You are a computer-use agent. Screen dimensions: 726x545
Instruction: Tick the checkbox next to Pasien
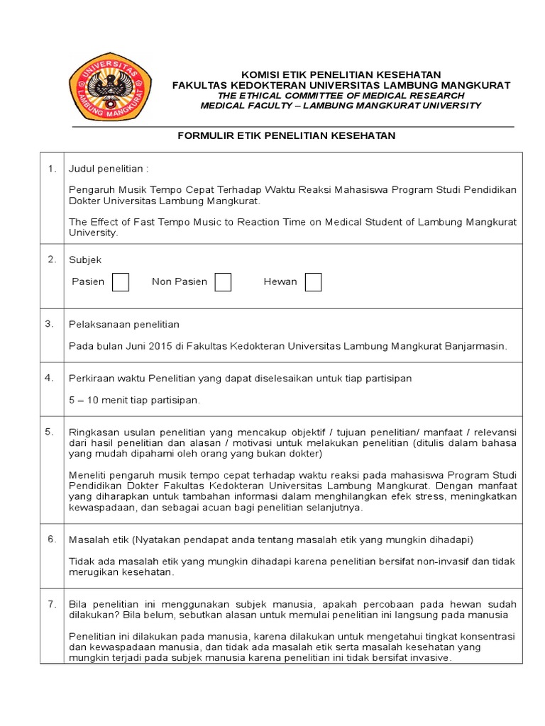click(121, 282)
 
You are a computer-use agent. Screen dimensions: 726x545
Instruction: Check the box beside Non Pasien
click(223, 282)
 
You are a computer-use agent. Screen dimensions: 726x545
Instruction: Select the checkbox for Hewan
click(313, 282)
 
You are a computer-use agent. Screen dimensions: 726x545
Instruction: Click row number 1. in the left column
click(51, 169)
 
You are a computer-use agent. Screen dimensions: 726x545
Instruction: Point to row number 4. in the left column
click(50, 378)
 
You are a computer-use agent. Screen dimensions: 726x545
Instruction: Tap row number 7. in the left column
click(51, 604)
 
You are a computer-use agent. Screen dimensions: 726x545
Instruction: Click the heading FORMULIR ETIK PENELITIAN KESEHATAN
click(286, 135)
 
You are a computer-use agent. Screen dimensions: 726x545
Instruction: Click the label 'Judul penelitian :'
click(109, 169)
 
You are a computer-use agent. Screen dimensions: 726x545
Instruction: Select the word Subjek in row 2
click(85, 260)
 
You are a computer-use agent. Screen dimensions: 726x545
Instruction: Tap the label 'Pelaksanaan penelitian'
click(123, 325)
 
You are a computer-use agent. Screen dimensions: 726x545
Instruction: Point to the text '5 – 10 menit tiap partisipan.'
click(134, 400)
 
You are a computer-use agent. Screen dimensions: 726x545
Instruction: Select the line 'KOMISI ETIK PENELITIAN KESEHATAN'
click(341, 74)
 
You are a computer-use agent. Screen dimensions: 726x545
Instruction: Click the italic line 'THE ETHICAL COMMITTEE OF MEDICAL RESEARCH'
click(341, 95)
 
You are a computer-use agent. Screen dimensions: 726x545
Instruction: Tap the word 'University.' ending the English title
click(93, 232)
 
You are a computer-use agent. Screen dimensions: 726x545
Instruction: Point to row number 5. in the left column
click(50, 431)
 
